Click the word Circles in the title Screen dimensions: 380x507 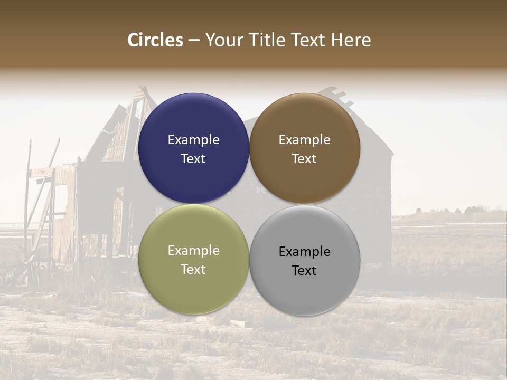coord(155,40)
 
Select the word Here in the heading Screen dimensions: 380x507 coord(351,40)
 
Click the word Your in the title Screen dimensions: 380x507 coord(224,40)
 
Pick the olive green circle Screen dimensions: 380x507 coord(193,285)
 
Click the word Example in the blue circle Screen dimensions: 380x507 coord(193,140)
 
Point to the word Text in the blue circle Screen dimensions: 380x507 coord(193,159)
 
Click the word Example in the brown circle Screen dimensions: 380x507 coord(305,140)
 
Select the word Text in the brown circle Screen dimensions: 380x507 coord(305,159)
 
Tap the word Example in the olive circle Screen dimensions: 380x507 coord(193,251)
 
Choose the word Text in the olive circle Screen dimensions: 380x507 coord(193,270)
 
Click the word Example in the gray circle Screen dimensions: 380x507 coord(305,252)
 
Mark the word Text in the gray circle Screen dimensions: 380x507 coord(305,271)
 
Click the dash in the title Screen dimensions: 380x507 coord(194,41)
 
